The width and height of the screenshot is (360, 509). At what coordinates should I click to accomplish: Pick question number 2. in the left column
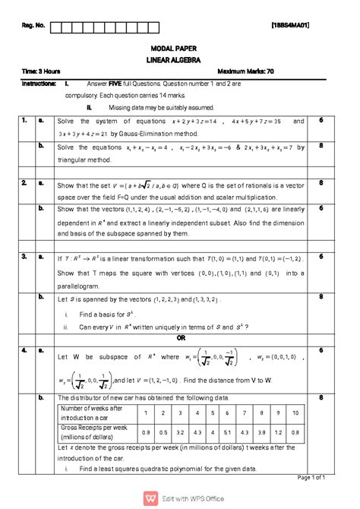[x=24, y=183]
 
